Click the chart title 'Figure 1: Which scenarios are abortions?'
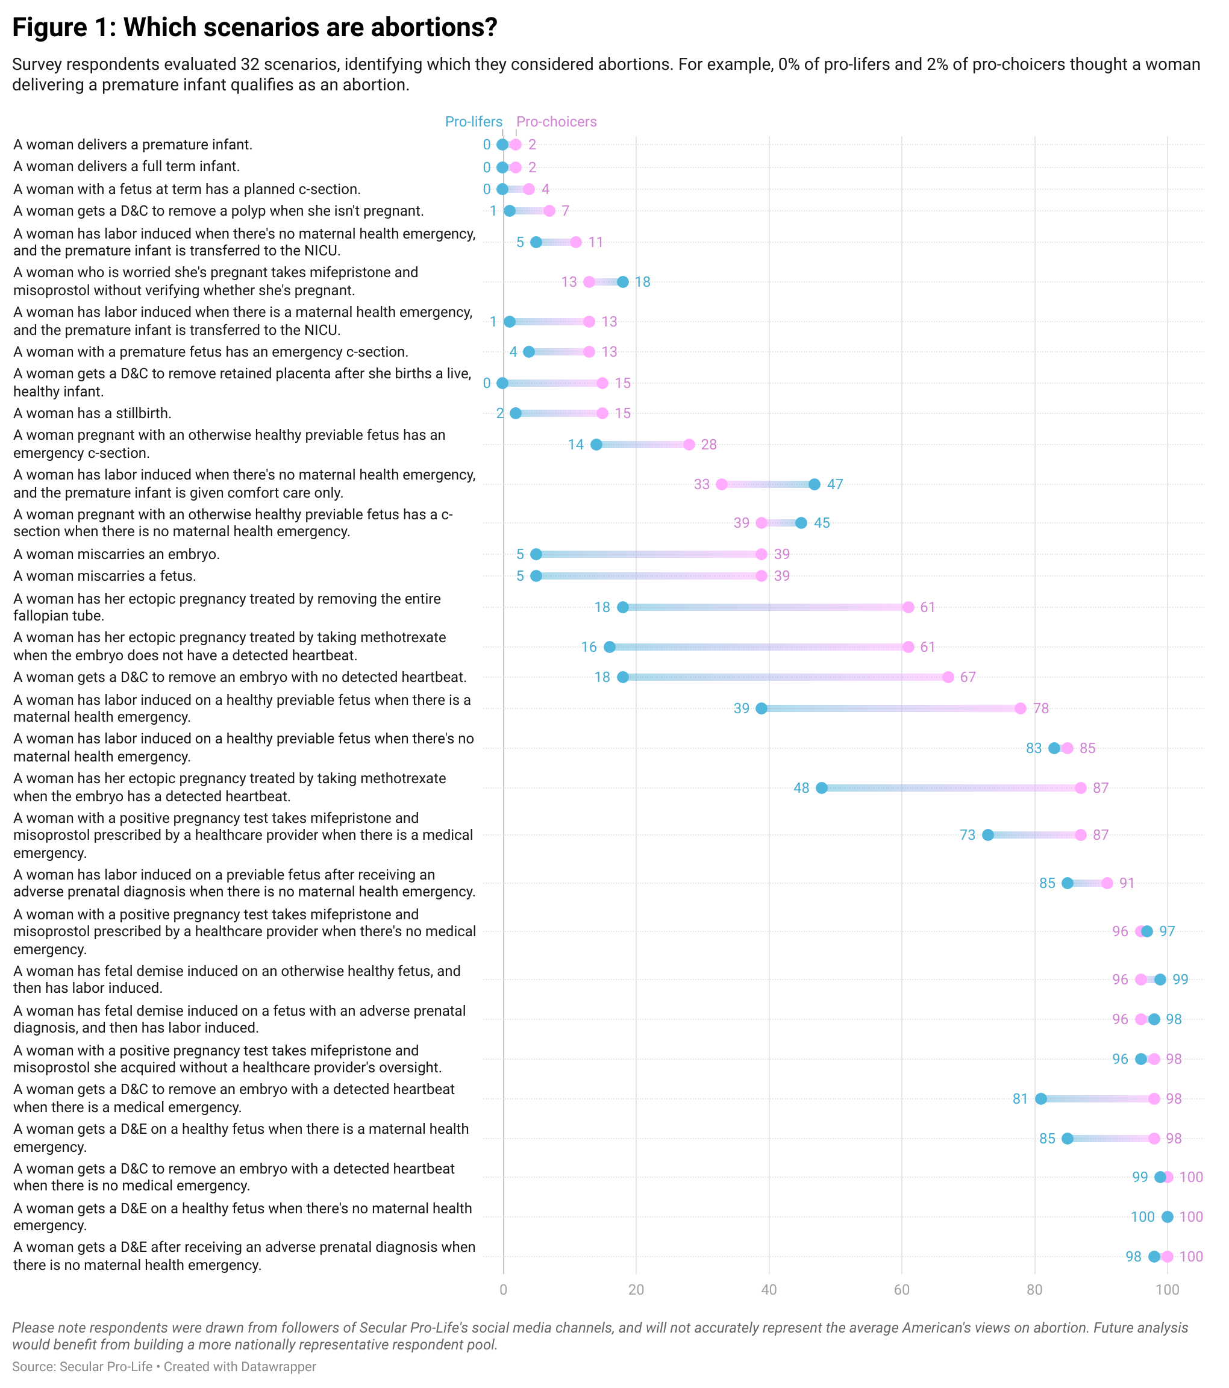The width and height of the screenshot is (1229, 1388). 255,28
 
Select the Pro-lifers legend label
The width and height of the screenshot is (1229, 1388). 474,122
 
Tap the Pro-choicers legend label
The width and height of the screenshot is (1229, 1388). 556,122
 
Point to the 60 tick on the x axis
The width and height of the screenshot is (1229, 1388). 902,1290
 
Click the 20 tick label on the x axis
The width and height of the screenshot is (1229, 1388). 636,1290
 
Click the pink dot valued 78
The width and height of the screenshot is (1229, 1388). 1021,708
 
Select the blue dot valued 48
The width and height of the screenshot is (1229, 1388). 822,788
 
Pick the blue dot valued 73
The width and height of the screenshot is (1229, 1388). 988,834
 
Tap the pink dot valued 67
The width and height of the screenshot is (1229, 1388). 948,677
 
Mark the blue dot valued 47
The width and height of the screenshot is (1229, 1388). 815,484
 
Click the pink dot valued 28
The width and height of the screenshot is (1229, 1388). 689,444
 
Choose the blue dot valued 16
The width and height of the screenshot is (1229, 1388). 610,646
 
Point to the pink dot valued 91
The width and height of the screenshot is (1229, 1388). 1107,883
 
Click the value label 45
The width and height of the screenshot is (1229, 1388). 822,523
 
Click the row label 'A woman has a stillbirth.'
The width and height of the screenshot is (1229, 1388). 92,413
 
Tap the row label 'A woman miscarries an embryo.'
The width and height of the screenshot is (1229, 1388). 117,554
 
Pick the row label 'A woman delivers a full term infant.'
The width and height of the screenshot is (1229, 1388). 127,166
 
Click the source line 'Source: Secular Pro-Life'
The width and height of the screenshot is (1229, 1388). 82,1366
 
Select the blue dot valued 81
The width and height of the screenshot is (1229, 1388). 1041,1099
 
